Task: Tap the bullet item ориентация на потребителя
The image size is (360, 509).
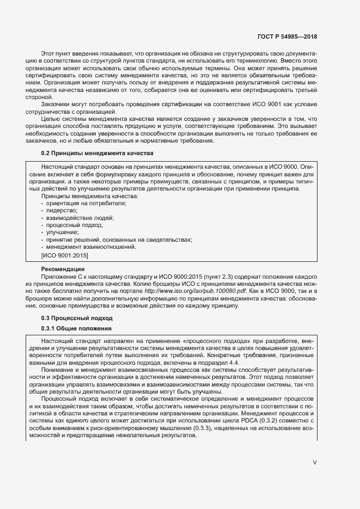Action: (78, 203)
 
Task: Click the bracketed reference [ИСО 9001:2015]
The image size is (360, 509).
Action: (64, 255)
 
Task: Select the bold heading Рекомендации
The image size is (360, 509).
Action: (63, 269)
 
